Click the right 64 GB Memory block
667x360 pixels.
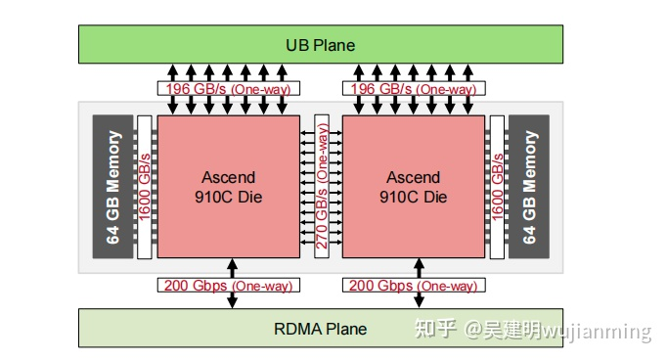[529, 187]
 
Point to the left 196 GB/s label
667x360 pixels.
[228, 89]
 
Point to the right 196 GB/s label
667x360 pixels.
[413, 89]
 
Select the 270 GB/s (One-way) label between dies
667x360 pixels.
[321, 187]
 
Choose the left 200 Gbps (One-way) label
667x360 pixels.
[228, 286]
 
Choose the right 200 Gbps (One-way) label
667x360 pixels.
[413, 286]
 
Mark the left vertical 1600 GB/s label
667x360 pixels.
[145, 187]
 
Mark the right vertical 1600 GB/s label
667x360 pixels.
[498, 187]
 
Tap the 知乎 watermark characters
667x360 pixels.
[436, 330]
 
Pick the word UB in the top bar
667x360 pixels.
[296, 45]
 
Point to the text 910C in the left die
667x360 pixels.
[208, 197]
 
